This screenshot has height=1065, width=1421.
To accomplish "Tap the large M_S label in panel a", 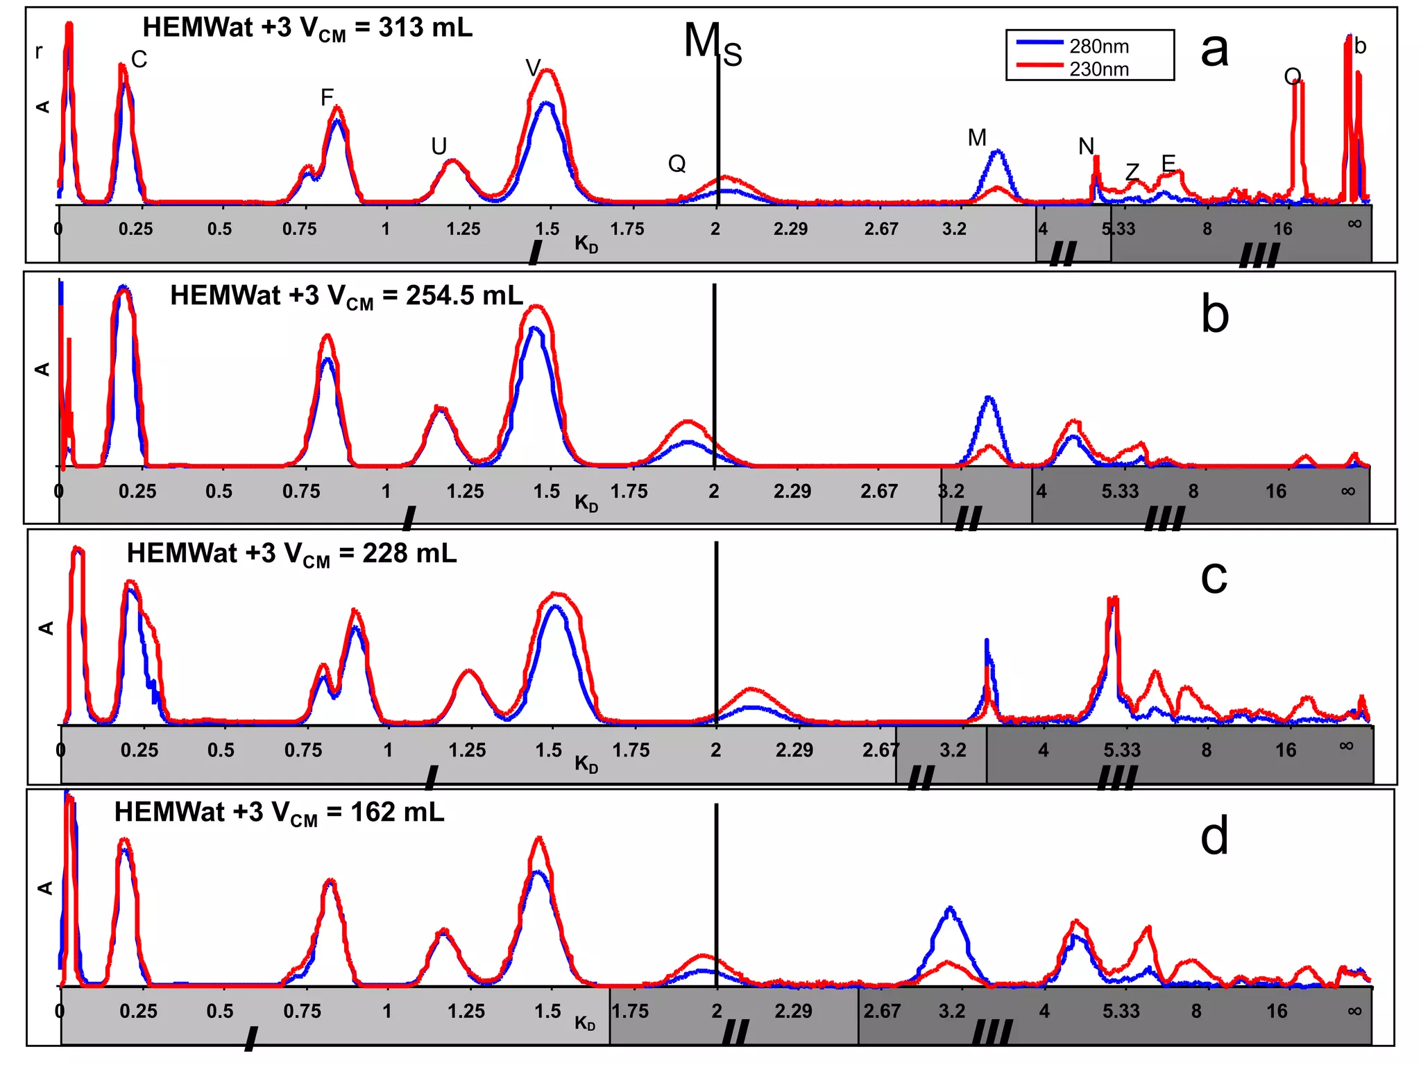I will click(712, 43).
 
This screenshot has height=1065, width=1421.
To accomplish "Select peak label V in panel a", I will click(532, 67).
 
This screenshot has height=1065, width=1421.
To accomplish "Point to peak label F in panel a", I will click(327, 98).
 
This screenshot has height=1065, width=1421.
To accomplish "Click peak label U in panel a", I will click(439, 146).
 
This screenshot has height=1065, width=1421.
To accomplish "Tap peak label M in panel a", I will click(977, 138).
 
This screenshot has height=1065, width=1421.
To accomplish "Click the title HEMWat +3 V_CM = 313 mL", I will click(307, 28).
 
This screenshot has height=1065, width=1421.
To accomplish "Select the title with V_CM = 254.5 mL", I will click(346, 296).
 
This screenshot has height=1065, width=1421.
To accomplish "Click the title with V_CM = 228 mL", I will click(291, 554).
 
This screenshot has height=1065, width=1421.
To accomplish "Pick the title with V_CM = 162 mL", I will click(279, 813).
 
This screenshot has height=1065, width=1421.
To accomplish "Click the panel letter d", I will click(1214, 835).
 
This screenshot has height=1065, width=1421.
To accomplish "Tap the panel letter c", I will click(1214, 576).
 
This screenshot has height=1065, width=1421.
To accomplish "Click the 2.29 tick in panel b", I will click(792, 492).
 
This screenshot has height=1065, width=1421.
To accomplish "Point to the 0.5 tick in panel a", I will click(219, 229).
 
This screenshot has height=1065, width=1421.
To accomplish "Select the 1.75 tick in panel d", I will click(629, 1011).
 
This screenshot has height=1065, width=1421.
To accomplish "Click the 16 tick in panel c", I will click(1285, 750).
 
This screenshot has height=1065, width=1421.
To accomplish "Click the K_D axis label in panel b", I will click(586, 503).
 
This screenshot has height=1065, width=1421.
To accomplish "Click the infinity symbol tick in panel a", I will click(1354, 223).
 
